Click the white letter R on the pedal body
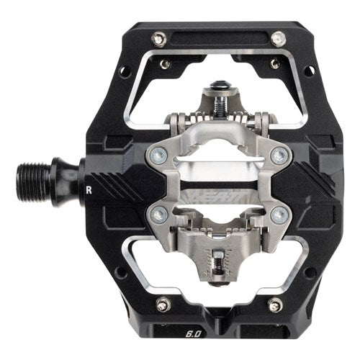[88, 191]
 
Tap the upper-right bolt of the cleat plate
[282, 156]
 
